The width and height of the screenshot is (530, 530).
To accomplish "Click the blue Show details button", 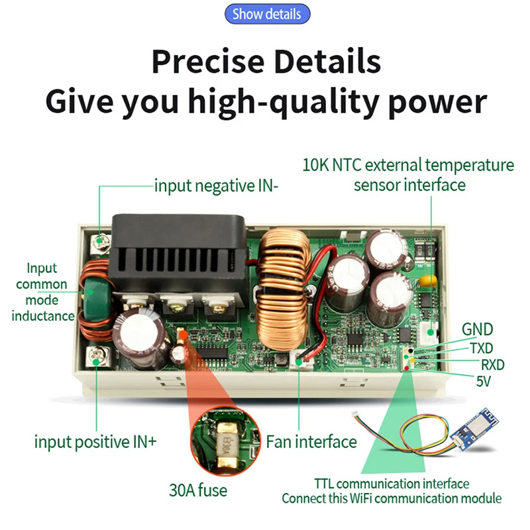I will [x=267, y=14].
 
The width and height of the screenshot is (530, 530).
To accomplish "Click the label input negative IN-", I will [x=217, y=185].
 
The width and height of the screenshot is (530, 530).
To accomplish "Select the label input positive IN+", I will [x=95, y=441].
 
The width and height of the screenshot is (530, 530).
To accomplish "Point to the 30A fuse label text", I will [x=198, y=490].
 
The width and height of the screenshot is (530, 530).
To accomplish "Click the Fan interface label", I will [x=311, y=441].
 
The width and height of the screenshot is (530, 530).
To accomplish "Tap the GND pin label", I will [x=476, y=330].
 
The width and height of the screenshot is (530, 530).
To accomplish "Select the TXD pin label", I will [x=481, y=347].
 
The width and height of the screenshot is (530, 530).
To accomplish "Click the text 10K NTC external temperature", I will [x=407, y=165].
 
